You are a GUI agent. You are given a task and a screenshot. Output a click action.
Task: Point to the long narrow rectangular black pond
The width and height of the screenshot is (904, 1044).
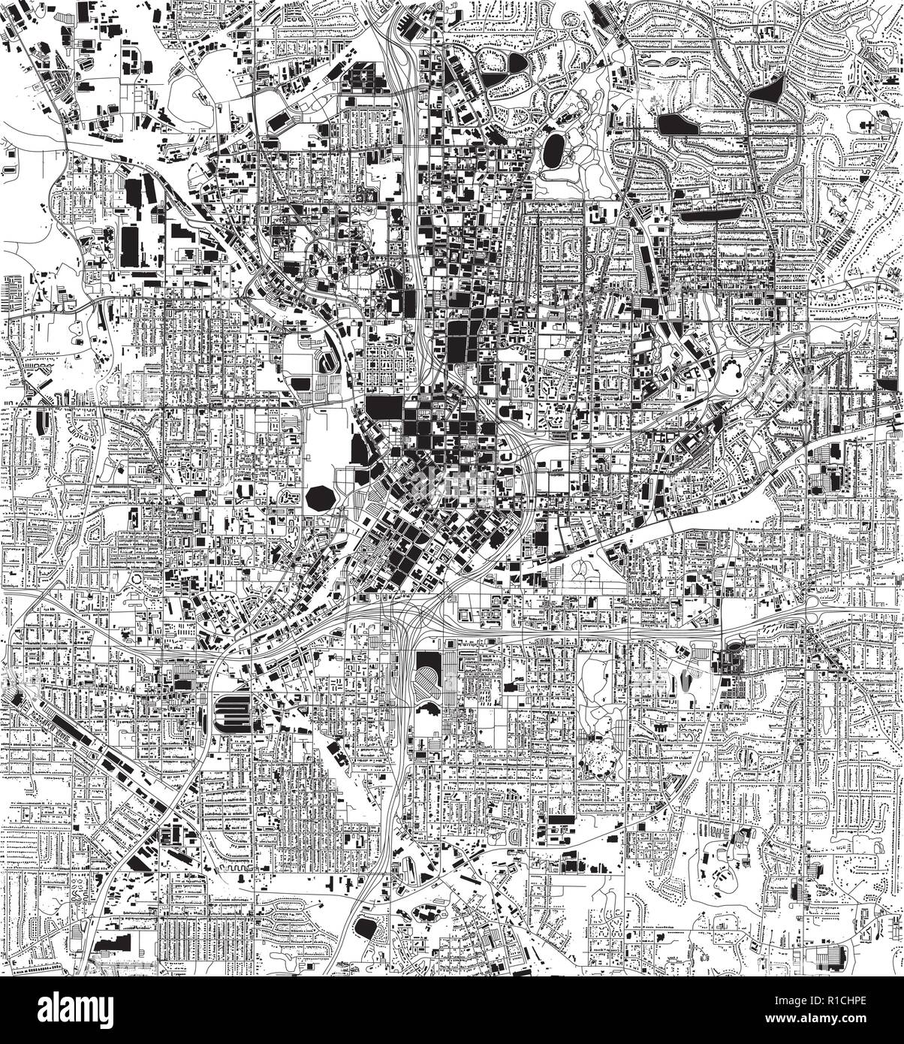(x=709, y=215)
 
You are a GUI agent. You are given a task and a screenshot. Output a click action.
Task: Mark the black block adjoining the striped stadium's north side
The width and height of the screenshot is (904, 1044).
(x=429, y=644)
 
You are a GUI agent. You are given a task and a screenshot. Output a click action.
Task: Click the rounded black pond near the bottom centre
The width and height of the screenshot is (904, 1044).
(x=366, y=927)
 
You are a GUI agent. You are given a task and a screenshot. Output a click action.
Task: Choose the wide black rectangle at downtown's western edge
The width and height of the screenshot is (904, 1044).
(x=384, y=408)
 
